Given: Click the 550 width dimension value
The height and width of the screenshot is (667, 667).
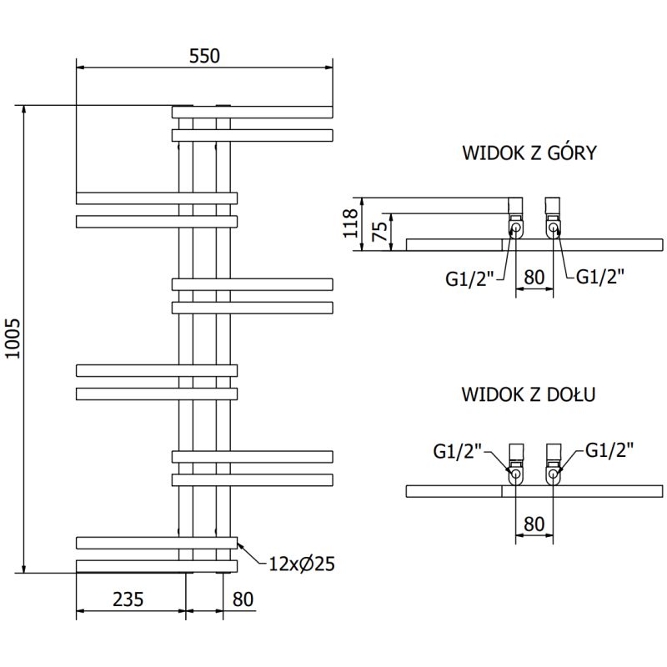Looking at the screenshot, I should [204, 56].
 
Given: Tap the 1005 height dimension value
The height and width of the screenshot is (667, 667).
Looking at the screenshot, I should [12, 339].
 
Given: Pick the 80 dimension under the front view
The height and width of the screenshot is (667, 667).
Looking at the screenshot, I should [243, 599].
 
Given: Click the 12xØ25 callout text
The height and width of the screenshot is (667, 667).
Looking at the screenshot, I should [301, 564].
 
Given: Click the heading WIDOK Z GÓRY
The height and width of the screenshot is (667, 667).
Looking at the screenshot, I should [529, 153].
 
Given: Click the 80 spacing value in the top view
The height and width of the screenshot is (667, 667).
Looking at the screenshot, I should [535, 276].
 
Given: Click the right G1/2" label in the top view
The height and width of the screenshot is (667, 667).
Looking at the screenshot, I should [600, 276].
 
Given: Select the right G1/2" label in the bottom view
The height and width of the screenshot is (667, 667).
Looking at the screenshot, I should [609, 450].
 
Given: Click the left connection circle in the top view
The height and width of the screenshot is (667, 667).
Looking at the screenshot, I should [516, 228].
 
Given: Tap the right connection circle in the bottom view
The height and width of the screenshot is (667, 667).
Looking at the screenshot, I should [553, 475].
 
